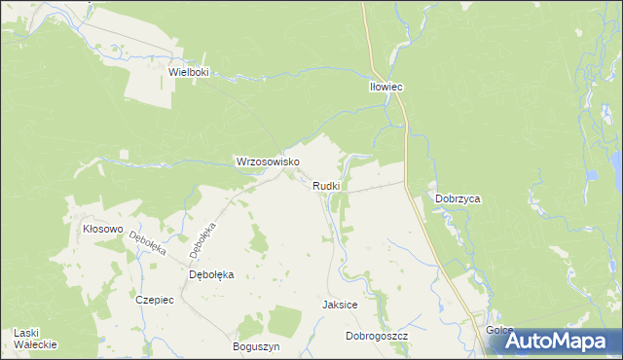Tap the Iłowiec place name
(386, 87)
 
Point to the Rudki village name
(326, 186)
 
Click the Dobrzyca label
(458, 198)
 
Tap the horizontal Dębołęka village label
(211, 275)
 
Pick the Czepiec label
(155, 300)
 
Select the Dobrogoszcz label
(376, 336)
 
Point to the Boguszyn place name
(257, 346)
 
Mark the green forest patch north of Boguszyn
(284, 319)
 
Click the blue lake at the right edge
(617, 161)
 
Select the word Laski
(27, 333)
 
